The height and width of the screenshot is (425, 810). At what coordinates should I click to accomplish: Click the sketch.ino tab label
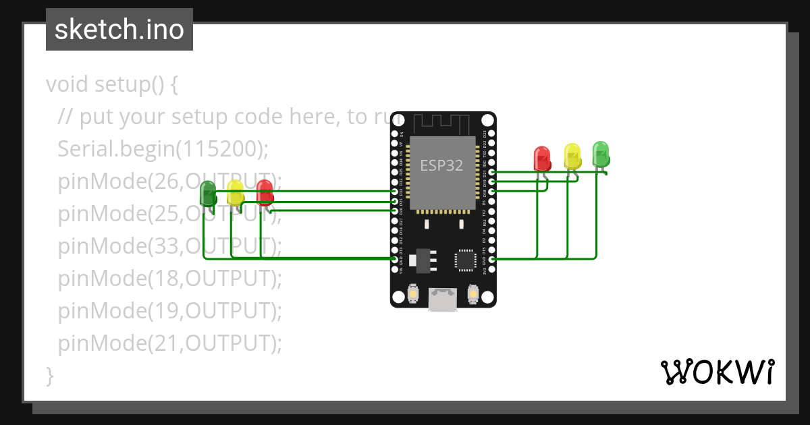(x=119, y=30)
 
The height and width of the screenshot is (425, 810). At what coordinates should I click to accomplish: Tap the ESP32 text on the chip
(x=441, y=165)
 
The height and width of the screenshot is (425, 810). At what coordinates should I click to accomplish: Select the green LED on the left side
(x=208, y=196)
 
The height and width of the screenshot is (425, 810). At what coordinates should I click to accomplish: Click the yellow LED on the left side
(x=235, y=193)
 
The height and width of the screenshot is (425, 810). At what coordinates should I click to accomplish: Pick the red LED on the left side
(x=265, y=192)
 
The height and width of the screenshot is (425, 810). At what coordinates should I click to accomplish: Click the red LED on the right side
(x=542, y=159)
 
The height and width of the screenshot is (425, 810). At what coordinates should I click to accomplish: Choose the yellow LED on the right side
(x=572, y=156)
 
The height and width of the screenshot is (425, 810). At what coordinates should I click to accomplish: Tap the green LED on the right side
(x=601, y=154)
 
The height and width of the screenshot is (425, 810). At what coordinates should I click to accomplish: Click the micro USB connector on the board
(x=442, y=299)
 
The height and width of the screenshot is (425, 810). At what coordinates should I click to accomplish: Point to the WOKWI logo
(x=717, y=372)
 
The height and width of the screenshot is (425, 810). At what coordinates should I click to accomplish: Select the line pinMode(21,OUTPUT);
(x=169, y=343)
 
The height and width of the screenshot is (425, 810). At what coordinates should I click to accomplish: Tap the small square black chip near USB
(x=466, y=260)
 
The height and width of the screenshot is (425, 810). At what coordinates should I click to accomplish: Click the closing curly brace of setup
(x=49, y=375)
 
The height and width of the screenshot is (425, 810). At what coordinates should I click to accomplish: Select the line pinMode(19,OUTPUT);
(x=169, y=311)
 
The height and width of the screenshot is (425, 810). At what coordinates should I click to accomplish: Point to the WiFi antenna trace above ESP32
(x=442, y=124)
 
